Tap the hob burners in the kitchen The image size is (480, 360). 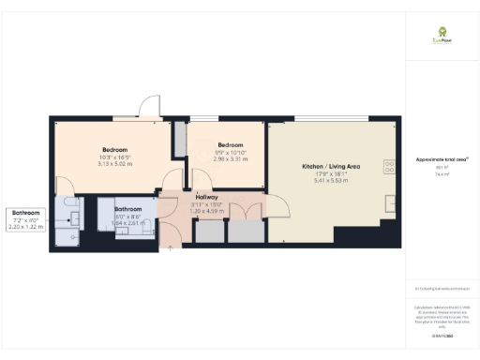pos(389,167)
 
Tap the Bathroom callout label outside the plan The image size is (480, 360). pos(24,213)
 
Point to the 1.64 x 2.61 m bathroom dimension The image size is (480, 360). pos(128,222)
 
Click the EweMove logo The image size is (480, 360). pos(436,37)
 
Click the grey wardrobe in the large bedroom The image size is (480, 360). pos(180,138)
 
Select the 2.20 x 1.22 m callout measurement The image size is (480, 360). pos(24,226)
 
